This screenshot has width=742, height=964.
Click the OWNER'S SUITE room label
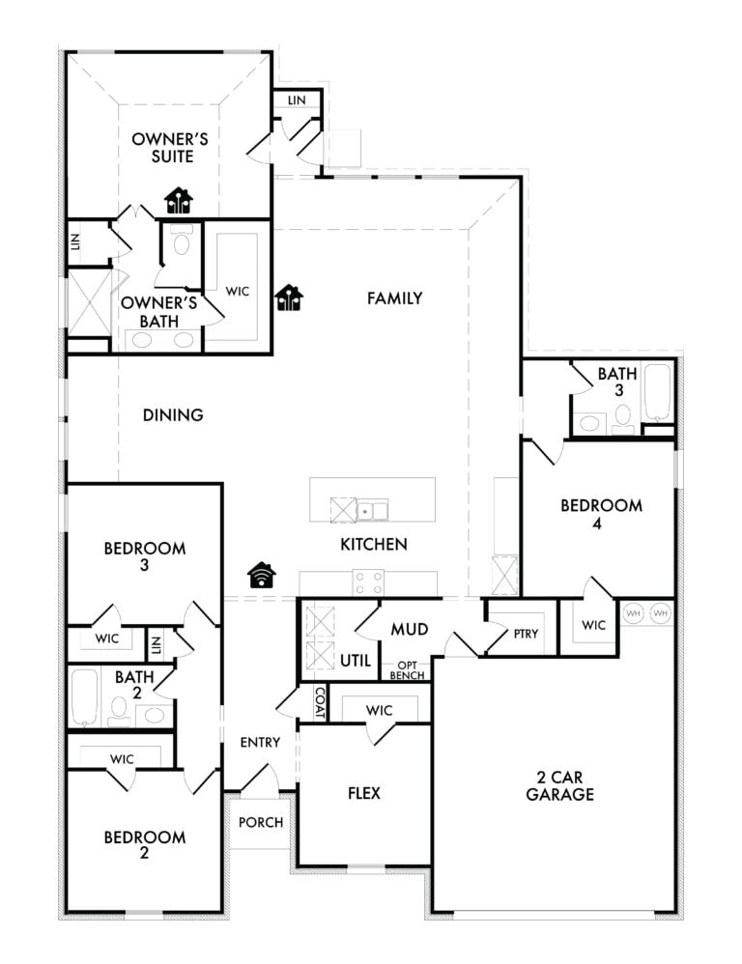coord(169,148)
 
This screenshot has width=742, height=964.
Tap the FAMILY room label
coord(394,298)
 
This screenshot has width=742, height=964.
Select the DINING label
coord(173,415)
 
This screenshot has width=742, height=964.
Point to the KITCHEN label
coord(374,545)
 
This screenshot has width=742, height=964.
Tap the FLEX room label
coord(364,794)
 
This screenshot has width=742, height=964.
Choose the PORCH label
coord(261,823)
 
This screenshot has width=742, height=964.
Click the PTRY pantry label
coord(527,635)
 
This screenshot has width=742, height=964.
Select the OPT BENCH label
coord(407,670)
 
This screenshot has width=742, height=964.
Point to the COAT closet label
coord(320,702)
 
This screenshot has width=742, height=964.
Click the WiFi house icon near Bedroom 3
coord(262,576)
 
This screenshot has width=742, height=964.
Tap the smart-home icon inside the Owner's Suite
coord(179,200)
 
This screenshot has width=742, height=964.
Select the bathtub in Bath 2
coord(85,696)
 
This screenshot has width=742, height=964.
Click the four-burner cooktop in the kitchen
coord(368,582)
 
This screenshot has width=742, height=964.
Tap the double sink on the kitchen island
coord(372,509)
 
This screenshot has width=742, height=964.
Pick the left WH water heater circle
coord(634,612)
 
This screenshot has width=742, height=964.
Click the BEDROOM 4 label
coord(602,513)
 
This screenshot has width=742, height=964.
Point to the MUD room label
coord(409,630)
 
